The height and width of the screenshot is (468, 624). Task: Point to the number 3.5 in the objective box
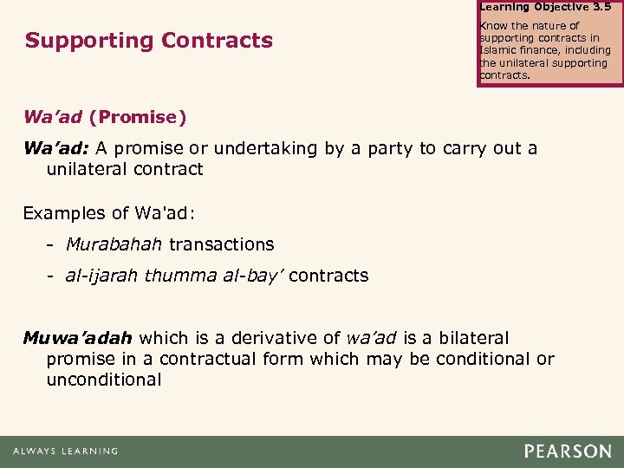pos(601,6)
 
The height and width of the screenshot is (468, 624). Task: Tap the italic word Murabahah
pos(114,244)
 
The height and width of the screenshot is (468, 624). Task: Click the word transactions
pos(221,244)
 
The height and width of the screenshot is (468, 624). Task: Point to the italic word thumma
pos(169,276)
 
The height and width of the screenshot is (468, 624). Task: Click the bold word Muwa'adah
pos(78,337)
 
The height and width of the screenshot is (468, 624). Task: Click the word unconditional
pos(104,380)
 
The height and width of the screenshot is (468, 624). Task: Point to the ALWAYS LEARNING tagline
pos(65,452)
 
